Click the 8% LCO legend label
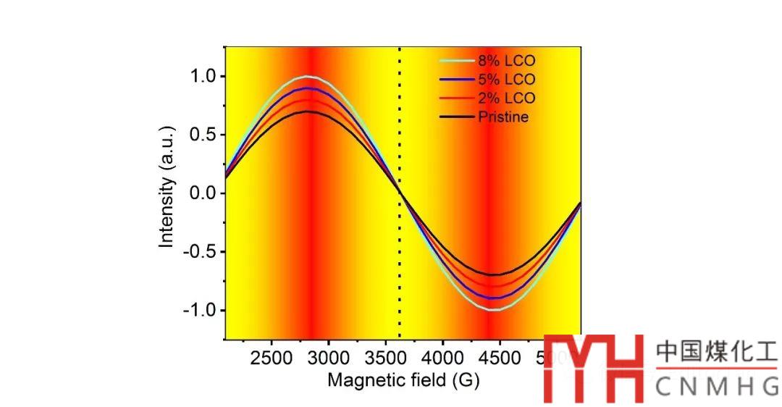(x=506, y=60)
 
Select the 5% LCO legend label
(x=506, y=79)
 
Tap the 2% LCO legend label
(x=506, y=98)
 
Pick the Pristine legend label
(x=503, y=117)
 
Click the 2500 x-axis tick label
(x=272, y=358)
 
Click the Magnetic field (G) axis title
(x=403, y=379)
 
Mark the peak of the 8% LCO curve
(x=307, y=76)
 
